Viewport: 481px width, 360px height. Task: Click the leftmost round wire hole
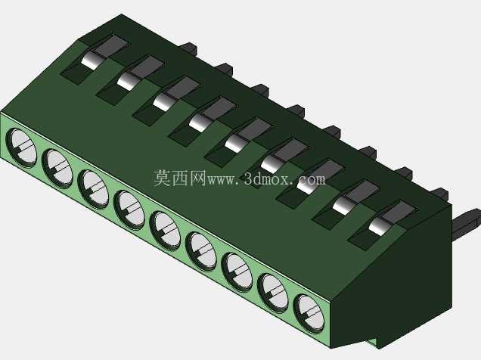click(21, 148)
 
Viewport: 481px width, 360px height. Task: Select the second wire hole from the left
click(57, 169)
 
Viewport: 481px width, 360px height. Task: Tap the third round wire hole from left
click(93, 189)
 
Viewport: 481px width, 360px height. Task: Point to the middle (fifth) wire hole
click(165, 231)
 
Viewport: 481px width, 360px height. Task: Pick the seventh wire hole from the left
click(237, 272)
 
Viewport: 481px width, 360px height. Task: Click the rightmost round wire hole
click(309, 314)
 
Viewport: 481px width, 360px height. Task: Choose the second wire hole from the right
click(273, 293)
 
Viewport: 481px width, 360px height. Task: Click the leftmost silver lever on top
click(91, 60)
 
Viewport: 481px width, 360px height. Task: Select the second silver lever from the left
click(127, 81)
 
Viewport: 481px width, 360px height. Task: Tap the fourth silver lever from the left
click(199, 123)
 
